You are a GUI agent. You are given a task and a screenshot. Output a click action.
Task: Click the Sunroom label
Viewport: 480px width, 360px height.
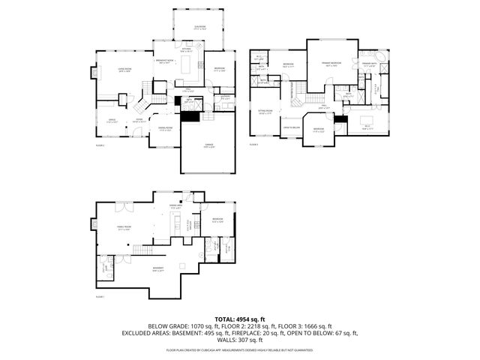coord(199,28)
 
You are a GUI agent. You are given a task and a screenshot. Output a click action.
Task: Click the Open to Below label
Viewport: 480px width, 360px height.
coord(291,127)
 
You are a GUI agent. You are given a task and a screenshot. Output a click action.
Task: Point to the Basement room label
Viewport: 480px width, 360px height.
coord(157,270)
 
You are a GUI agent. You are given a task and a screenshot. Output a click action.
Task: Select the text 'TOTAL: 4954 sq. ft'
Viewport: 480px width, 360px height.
coord(239,318)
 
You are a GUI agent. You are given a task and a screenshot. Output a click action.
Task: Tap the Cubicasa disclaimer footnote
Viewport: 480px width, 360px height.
coord(239,350)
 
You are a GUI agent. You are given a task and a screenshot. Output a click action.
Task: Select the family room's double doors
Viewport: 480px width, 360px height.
coord(120,204)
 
